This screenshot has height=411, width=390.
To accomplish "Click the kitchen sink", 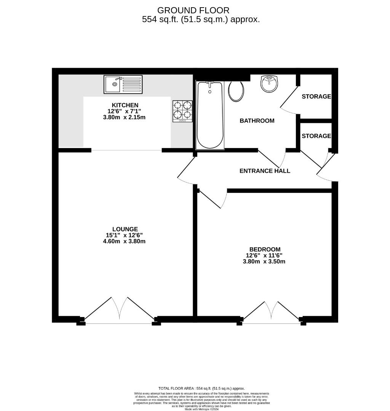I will click(123, 84).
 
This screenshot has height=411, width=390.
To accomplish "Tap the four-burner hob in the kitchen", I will click(182, 111).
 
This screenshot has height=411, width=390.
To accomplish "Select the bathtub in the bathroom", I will click(209, 115).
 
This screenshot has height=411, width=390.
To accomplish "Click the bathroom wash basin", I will click(270, 83).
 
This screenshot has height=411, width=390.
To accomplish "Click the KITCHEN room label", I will click(125, 105).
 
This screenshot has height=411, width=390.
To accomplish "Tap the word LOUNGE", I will click(125, 229).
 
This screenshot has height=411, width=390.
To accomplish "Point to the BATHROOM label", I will click(257, 121).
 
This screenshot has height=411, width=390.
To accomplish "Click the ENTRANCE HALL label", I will click(265, 171).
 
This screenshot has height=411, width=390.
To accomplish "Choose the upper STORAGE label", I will click(316, 97).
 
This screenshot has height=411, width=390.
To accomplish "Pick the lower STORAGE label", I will click(316, 136).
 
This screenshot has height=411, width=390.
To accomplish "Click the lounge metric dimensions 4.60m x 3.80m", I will click(125, 241).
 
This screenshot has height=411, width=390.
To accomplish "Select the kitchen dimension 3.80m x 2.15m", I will click(125, 117).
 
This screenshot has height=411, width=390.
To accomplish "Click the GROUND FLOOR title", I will click(193, 10).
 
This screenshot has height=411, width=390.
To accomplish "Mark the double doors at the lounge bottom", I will click(120, 310).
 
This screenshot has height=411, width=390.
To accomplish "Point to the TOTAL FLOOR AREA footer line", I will click(201, 388).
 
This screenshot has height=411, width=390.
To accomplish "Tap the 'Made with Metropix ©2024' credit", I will click(201, 409).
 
